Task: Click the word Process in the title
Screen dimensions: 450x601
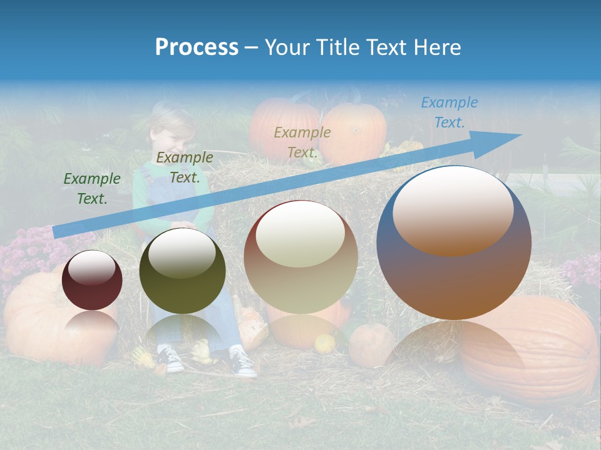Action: coord(197,47)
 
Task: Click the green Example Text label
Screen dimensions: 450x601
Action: coord(92,189)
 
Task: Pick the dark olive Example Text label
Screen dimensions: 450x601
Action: coord(185,167)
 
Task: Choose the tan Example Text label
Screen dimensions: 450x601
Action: coord(302,142)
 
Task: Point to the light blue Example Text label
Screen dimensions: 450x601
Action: coord(449,112)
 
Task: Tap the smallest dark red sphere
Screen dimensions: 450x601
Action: coord(92,281)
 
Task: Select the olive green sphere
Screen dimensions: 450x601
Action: coord(182,271)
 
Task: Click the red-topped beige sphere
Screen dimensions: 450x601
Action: coord(301,257)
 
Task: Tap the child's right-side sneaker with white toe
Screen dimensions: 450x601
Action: coord(243,364)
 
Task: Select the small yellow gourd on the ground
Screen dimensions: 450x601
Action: coord(324,343)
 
